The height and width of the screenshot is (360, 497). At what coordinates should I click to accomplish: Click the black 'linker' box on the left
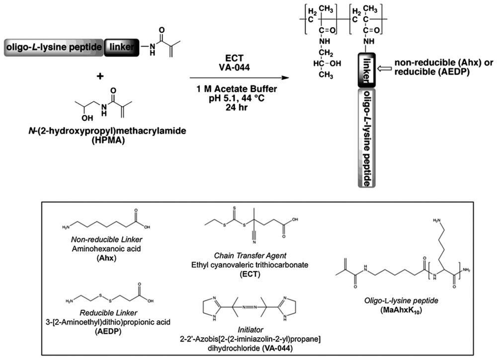tap(122, 47)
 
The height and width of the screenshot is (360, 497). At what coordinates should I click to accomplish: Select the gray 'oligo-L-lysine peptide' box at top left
tap(54, 47)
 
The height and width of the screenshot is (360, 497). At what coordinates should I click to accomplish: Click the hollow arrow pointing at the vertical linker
tap(382, 68)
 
